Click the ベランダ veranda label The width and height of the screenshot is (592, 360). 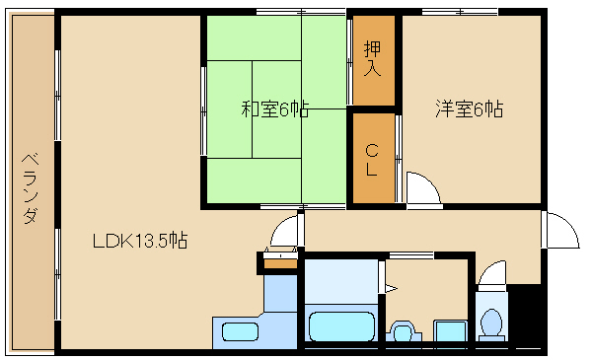[x=31, y=188]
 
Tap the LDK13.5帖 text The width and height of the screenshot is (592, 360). [x=140, y=241]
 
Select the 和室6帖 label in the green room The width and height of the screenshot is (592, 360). [x=275, y=108]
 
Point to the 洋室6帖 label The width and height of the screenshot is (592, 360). [x=470, y=108]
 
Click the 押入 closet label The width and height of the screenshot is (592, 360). [x=372, y=58]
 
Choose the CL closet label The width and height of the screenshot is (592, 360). [x=372, y=161]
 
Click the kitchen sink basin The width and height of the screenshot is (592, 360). [x=240, y=332]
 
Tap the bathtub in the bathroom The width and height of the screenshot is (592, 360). [x=341, y=326]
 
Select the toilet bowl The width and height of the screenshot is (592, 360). [x=491, y=324]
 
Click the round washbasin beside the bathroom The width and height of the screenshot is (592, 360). [x=404, y=331]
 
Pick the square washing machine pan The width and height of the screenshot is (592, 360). [x=450, y=331]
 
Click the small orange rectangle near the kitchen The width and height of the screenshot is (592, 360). [x=280, y=263]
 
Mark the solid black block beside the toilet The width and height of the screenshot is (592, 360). [x=525, y=314]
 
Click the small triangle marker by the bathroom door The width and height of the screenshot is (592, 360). [x=391, y=289]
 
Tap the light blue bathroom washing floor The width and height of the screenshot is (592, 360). [x=341, y=281]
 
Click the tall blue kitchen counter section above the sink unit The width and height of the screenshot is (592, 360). [x=280, y=293]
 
